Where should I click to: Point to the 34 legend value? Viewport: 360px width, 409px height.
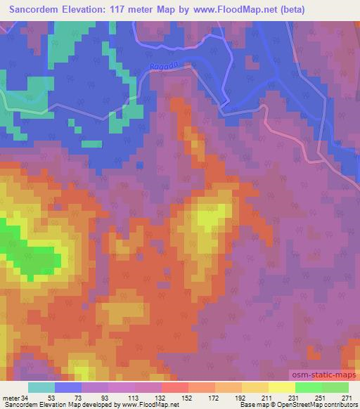tap(25, 398)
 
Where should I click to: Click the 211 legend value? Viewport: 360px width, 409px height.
tap(266, 398)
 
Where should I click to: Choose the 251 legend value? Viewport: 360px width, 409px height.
tap(319, 398)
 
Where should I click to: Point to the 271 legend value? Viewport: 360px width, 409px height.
tap(347, 398)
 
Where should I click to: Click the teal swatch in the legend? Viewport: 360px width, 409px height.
tap(41, 387)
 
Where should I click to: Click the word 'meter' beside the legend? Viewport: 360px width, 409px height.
tap(11, 398)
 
